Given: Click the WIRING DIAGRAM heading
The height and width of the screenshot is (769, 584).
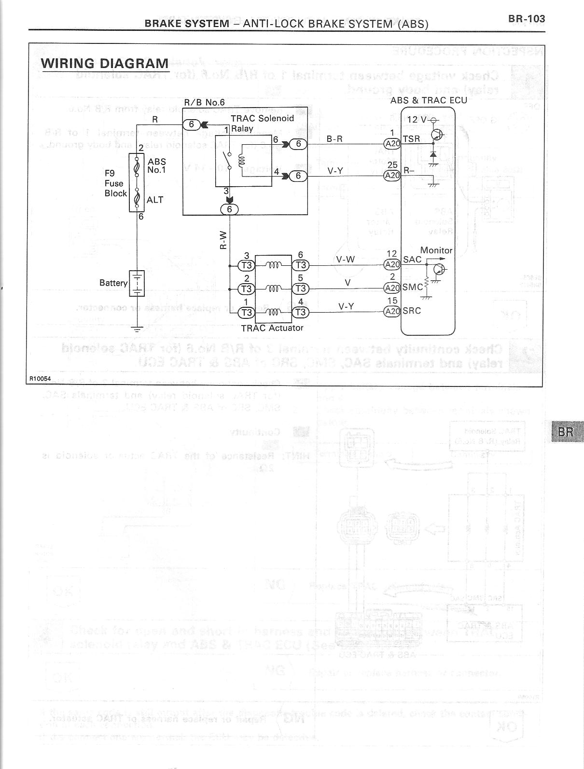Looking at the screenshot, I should pyautogui.click(x=105, y=64).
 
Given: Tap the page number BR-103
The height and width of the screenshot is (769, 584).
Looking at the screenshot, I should pyautogui.click(x=526, y=19).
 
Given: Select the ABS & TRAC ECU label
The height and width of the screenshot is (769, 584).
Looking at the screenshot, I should pyautogui.click(x=429, y=100).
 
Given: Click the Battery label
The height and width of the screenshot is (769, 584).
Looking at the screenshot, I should pyautogui.click(x=113, y=283).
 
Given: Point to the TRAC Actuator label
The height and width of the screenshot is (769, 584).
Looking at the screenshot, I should pyautogui.click(x=272, y=328).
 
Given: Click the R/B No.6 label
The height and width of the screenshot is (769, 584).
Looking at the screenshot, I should pyautogui.click(x=204, y=102).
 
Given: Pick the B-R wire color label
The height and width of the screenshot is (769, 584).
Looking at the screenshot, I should pyautogui.click(x=335, y=139).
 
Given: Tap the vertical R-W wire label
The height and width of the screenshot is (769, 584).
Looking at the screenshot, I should pyautogui.click(x=223, y=240).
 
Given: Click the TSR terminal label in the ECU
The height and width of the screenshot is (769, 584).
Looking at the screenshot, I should pyautogui.click(x=411, y=139).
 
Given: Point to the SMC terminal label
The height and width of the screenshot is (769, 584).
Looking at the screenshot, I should pyautogui.click(x=413, y=287).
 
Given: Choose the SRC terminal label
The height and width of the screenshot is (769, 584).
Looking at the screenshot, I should pyautogui.click(x=412, y=311).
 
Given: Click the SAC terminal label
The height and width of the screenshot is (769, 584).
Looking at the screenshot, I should pyautogui.click(x=412, y=260).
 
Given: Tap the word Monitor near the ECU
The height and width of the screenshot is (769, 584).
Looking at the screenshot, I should pyautogui.click(x=436, y=250).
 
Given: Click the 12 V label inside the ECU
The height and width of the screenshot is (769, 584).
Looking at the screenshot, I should pyautogui.click(x=417, y=120).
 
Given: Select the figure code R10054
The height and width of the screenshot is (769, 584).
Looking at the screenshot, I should pyautogui.click(x=41, y=379).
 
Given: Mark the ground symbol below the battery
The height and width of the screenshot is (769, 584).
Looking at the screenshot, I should pyautogui.click(x=138, y=330).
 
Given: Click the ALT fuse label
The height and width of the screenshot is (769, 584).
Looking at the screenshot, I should pyautogui.click(x=155, y=200).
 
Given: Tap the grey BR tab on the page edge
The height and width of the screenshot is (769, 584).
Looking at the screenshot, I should pyautogui.click(x=566, y=432).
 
